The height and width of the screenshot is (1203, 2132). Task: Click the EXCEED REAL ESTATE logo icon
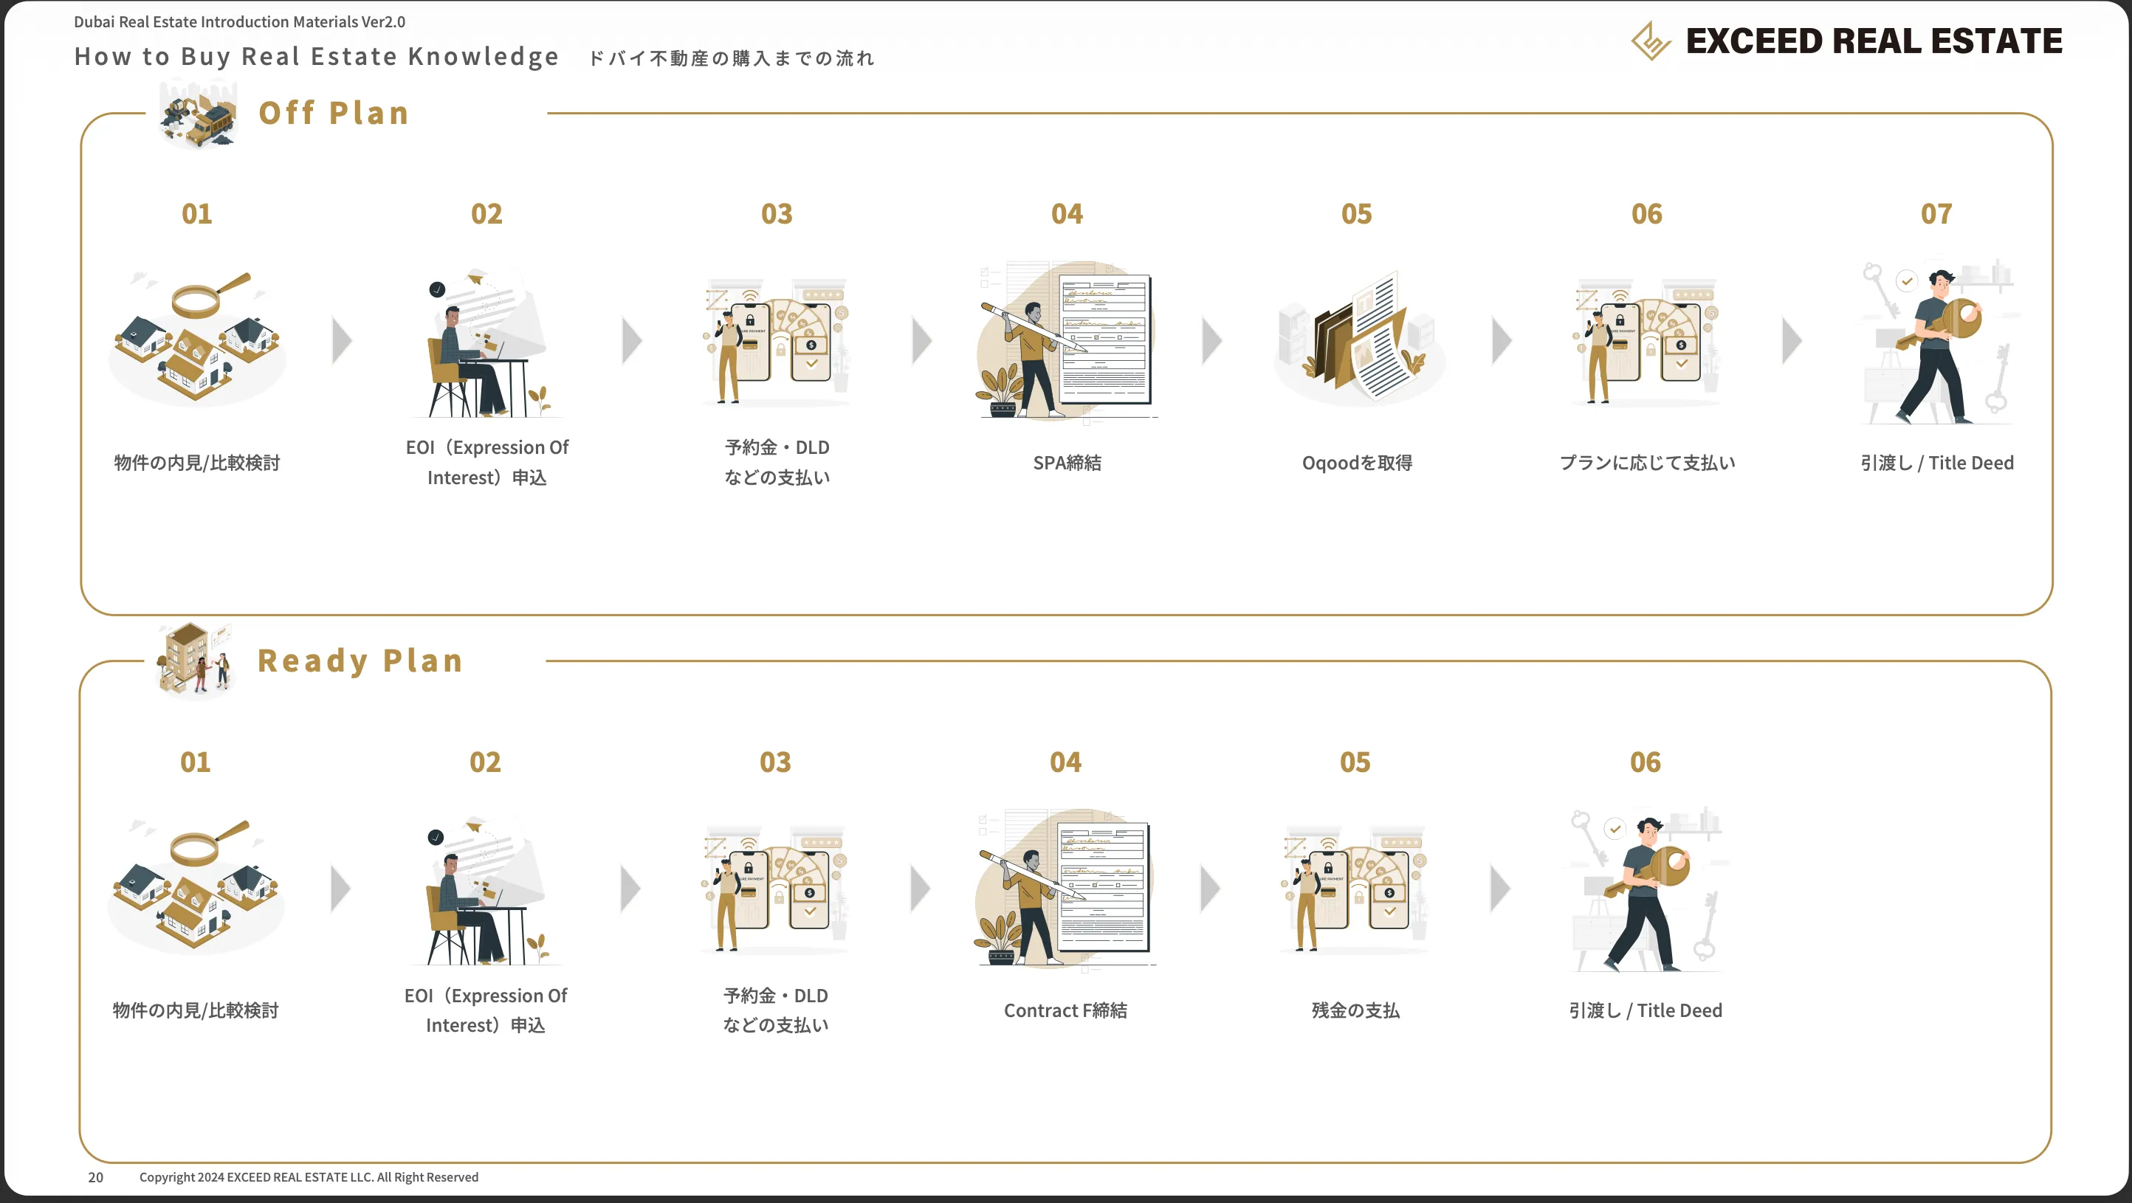[1651, 41]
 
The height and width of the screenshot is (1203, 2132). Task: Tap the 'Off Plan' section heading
[334, 112]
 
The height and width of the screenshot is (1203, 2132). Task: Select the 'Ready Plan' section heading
[360, 661]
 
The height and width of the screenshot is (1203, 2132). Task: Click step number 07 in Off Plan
[1936, 213]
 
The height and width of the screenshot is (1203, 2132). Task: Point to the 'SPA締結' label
[1067, 463]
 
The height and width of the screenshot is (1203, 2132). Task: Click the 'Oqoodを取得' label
[1358, 463]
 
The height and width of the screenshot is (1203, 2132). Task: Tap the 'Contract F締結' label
[1065, 1010]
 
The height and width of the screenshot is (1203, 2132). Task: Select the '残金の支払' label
[1355, 1010]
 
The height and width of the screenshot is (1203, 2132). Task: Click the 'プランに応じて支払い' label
[1647, 463]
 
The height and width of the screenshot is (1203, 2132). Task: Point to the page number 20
[96, 1177]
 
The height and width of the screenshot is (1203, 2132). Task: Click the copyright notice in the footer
[309, 1177]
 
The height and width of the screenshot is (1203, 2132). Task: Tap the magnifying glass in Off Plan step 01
[209, 295]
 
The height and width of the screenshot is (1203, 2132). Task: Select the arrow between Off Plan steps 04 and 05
[1212, 341]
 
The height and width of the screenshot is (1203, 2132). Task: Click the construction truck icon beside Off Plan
[199, 116]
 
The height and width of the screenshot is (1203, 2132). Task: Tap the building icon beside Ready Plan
[196, 661]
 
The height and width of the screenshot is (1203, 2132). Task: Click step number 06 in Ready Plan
[1646, 762]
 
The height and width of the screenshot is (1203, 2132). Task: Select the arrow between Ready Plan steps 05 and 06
[1501, 889]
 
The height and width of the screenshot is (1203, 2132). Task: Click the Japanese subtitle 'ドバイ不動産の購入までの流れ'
[732, 58]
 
